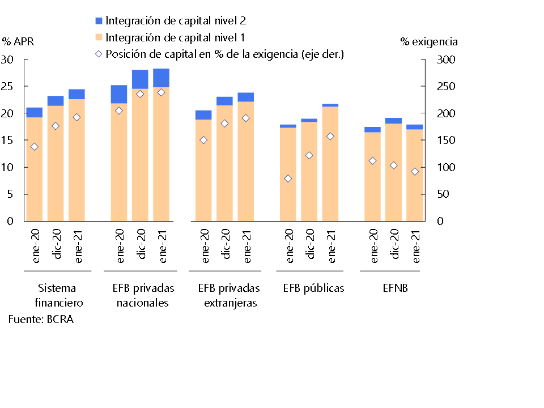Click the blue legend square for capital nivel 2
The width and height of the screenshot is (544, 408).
[x=99, y=21]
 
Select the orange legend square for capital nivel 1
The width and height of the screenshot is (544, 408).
[x=99, y=38]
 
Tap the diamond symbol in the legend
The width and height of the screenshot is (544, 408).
[x=99, y=54]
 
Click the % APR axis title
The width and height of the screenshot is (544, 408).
[x=18, y=41]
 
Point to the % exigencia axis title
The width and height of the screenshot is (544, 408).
[x=429, y=41]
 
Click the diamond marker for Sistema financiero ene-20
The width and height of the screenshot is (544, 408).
[x=34, y=147]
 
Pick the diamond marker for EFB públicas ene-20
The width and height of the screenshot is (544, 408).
[x=288, y=178]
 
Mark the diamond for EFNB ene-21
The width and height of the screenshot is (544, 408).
[x=415, y=172]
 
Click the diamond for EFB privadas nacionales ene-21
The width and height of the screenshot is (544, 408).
[x=161, y=92]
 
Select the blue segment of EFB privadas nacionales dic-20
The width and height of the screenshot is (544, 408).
[x=140, y=79]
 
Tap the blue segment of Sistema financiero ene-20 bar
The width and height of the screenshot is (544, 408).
[x=34, y=112]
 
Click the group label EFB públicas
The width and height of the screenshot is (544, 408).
[x=313, y=288]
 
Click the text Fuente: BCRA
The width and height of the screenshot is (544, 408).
[x=41, y=319]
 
